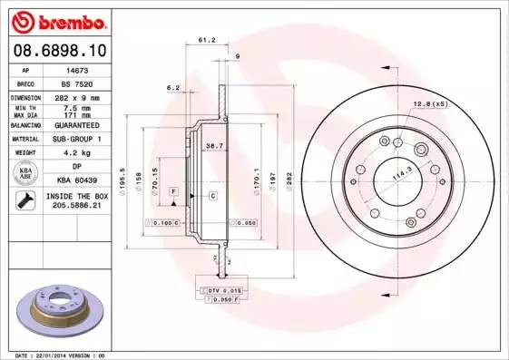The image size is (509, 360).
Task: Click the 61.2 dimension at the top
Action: (206, 40)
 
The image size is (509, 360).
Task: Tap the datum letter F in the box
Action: (172, 192)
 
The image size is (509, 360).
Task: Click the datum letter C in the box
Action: (212, 196)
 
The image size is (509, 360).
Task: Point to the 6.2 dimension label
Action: (172, 88)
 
